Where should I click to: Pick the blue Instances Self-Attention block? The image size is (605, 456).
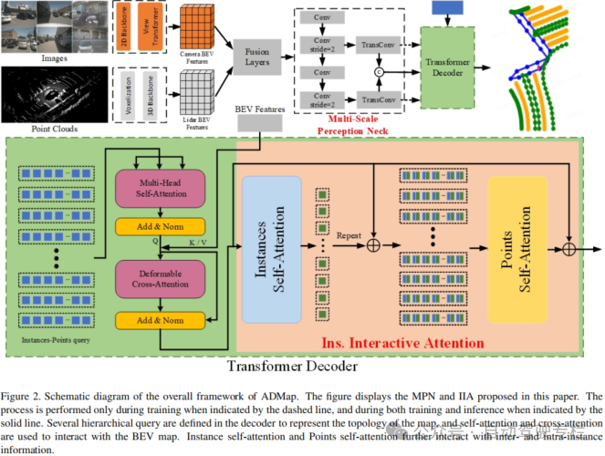(271, 249)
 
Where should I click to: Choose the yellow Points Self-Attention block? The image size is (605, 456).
(517, 250)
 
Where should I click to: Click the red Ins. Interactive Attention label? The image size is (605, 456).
(402, 343)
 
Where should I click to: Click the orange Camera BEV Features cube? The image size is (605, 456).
(199, 28)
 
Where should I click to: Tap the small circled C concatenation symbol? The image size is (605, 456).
(378, 70)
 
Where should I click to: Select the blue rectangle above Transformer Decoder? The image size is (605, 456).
(446, 7)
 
